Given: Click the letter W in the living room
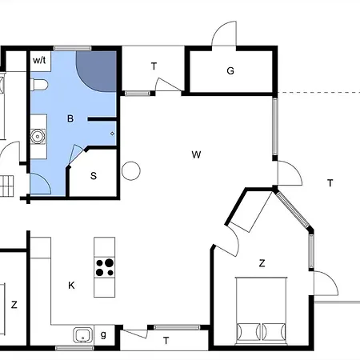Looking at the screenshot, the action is pos(196,154).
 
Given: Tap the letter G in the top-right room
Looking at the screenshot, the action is pos(230,70).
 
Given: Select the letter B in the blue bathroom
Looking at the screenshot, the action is pos(70,118).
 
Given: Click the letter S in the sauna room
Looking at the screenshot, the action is pos(94,176).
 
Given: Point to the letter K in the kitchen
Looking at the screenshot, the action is pos(71,286).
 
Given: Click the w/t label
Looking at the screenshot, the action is pos(39,60).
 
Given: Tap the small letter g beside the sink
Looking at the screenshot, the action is pos(103,334).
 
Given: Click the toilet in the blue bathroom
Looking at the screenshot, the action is pos(39,85).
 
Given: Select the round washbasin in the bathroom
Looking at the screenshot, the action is pos(38,137).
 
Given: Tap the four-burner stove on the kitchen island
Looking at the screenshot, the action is pos(105,267).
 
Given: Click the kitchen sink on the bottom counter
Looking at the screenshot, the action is pos(83,335).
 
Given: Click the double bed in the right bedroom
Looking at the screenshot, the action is pos(261,310).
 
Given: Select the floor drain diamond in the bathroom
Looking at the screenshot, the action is pos(112,134).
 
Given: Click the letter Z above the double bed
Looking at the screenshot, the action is pos(262,263).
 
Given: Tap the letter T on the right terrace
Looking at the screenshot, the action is pos(330,183).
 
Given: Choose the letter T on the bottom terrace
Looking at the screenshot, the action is pos(166,341).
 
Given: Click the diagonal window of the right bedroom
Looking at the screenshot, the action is pos(293,210).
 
